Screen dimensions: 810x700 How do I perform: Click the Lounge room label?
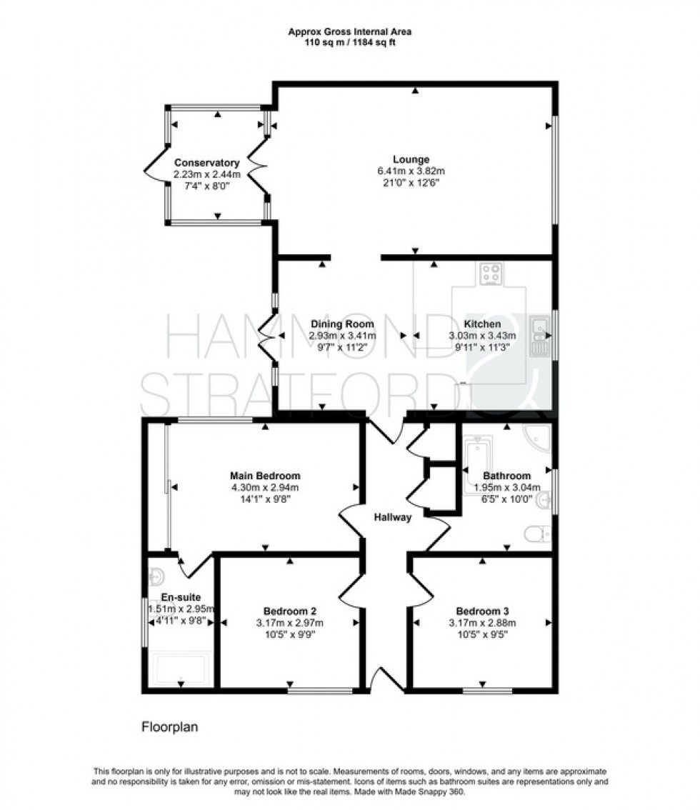coord(411,159)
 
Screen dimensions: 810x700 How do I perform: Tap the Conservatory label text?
coord(206,163)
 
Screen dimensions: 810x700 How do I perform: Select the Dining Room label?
coord(341,324)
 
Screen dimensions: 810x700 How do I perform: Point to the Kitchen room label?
coord(481,324)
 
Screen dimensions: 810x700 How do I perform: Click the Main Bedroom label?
coord(264,475)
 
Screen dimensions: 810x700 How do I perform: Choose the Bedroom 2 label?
coord(290,611)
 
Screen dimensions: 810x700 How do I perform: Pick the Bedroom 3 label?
coord(482,611)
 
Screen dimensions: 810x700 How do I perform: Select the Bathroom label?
coord(506,476)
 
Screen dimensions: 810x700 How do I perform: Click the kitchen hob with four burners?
coord(491,272)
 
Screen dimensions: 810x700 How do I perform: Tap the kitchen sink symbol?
coord(541,336)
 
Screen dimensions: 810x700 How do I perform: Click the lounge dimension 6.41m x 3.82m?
coord(411,171)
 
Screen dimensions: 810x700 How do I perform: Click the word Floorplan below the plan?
coord(169,727)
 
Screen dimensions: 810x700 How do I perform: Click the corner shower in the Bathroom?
coord(537,437)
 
